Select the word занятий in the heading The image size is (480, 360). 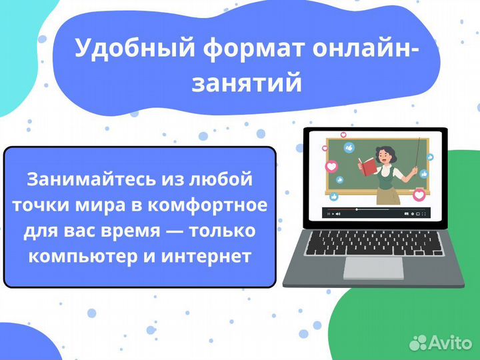point(247,83)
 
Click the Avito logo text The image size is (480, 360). point(450,342)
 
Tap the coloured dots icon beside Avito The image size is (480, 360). point(418,342)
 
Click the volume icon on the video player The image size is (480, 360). point(338,214)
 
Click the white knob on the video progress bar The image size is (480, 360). point(357,209)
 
